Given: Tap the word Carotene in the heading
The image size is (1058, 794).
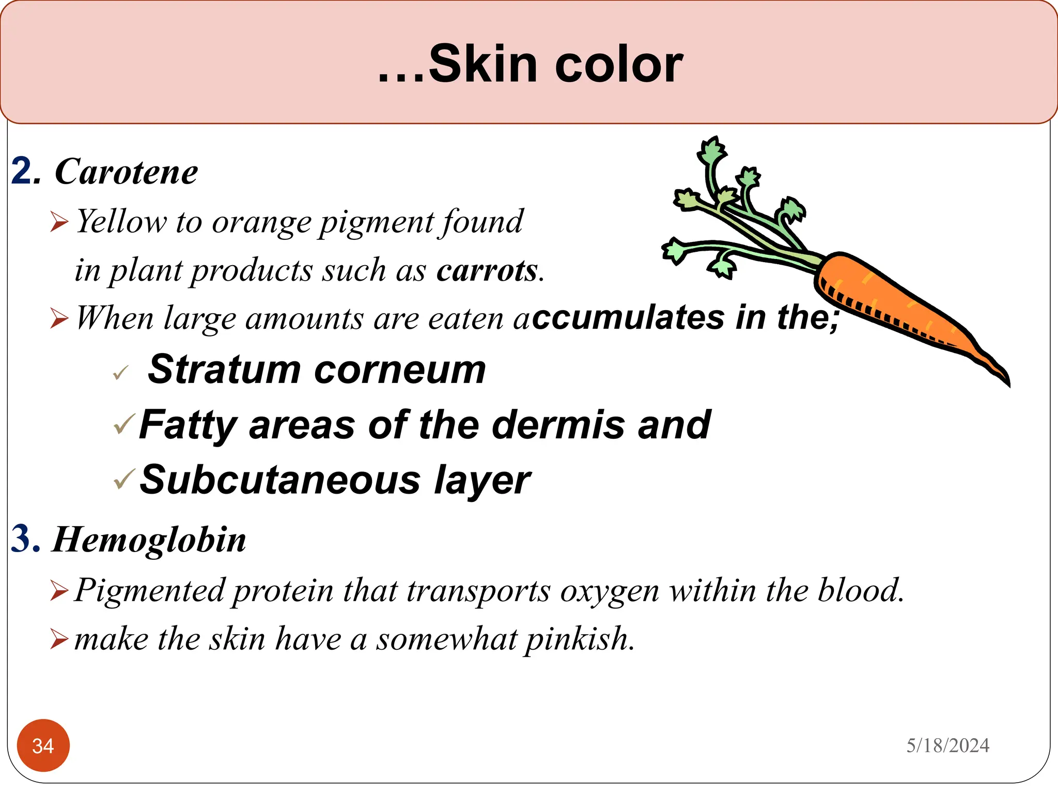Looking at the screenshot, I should click(126, 172).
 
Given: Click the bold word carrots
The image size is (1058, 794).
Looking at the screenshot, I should click(487, 270).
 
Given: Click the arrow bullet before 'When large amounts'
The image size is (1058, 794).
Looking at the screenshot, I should click(59, 318).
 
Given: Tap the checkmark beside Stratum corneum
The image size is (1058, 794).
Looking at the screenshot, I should click(120, 372).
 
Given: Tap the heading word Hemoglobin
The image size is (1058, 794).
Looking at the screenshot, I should click(149, 540).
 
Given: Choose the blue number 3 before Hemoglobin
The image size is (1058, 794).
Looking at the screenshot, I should click(25, 539).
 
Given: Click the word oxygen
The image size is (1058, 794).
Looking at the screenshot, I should click(610, 590).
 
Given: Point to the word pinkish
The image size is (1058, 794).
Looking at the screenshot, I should click(579, 639).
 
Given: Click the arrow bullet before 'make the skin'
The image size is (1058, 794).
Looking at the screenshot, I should click(59, 639).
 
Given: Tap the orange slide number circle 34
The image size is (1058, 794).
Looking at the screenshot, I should click(43, 745).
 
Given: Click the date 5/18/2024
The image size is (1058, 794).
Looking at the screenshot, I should click(947, 745).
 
